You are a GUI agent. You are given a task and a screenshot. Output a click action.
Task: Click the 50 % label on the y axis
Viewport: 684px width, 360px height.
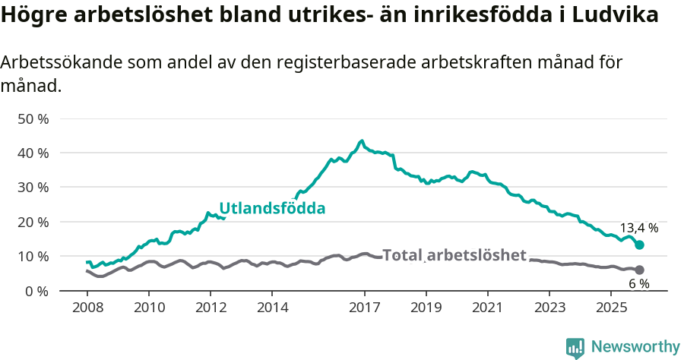pos(33,118)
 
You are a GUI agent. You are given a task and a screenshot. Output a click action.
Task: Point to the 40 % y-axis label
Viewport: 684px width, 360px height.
pos(33,153)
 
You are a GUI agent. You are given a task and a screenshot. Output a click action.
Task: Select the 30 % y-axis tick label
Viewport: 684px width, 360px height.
pos(33,187)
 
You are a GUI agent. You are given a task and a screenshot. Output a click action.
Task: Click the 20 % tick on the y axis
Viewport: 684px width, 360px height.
pos(33,222)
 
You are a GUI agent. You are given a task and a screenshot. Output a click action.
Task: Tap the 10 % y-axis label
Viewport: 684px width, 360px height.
pos(33,256)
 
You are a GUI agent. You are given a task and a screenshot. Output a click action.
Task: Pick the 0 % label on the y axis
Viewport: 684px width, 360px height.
pos(36,290)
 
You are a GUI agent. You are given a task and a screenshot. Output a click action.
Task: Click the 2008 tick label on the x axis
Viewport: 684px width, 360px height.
pos(87,308)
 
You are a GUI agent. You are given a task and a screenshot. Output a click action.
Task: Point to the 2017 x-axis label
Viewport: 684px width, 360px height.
pos(364,308)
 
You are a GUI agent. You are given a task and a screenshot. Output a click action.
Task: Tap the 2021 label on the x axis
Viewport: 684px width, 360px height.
pos(488,308)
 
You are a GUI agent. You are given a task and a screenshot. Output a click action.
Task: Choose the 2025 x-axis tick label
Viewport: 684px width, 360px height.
pos(611,308)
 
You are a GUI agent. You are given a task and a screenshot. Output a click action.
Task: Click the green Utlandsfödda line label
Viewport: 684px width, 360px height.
pos(272,208)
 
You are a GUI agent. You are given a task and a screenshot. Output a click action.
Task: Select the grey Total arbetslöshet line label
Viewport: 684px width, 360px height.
pos(454,255)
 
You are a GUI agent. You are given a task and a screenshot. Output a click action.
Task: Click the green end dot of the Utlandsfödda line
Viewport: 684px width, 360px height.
pos(639,245)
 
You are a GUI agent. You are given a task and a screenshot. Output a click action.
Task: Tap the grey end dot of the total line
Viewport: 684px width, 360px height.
pos(639,270)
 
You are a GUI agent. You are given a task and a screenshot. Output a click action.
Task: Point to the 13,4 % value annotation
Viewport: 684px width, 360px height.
pos(639,228)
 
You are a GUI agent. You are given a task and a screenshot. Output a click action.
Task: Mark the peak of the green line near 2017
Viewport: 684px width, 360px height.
pos(362,141)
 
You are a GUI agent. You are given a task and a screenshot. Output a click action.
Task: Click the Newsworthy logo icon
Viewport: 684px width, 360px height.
pos(575,347)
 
